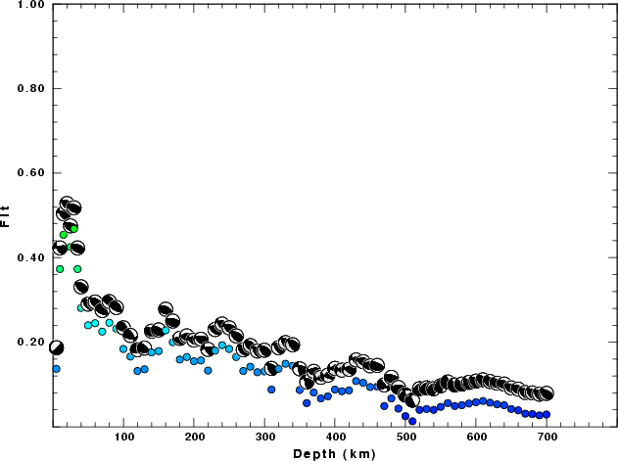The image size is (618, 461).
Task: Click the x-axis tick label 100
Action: coord(123,438)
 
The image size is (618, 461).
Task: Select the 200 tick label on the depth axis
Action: coord(194,438)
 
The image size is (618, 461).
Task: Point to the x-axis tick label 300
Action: coord(264,438)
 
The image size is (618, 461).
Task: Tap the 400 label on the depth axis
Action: coord(335,438)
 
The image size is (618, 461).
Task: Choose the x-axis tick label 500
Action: coord(405,438)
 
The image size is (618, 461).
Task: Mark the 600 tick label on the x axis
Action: coord(476,438)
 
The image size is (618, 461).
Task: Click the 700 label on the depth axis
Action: coord(547,438)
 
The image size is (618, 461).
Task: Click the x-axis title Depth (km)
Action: coord(335,453)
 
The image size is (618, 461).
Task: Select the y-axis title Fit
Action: coord(7,215)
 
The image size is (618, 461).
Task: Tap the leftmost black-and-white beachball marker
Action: coord(56,347)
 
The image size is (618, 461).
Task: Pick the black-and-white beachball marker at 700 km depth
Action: coord(547,393)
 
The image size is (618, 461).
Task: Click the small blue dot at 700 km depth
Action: coord(547,415)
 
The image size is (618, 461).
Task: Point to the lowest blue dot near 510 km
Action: coord(412,421)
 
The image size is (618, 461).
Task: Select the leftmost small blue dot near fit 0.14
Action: coord(56,369)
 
